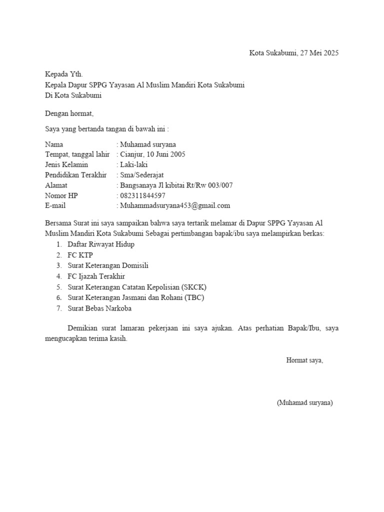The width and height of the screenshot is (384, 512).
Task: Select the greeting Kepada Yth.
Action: [x=61, y=74]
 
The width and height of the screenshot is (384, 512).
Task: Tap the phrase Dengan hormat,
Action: [x=69, y=113]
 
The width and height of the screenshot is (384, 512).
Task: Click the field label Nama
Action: [x=54, y=144]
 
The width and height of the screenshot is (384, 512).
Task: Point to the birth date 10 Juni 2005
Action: [x=165, y=154]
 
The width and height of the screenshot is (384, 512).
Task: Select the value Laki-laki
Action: [x=134, y=164]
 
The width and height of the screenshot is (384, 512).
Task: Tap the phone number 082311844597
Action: [x=142, y=195]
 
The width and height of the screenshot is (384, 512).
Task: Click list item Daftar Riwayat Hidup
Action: [x=101, y=244]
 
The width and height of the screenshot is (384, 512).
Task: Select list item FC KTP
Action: [x=80, y=255]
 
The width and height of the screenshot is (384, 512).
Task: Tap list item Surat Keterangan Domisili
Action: [x=108, y=265]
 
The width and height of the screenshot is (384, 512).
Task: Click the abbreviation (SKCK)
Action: [x=194, y=287]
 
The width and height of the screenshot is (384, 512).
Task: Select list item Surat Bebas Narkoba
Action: [x=99, y=308]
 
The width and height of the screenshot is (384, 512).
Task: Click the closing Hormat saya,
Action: [x=304, y=360]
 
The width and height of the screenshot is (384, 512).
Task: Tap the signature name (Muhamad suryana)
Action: [x=304, y=402]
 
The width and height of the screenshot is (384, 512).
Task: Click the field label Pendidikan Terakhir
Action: [x=75, y=175]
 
